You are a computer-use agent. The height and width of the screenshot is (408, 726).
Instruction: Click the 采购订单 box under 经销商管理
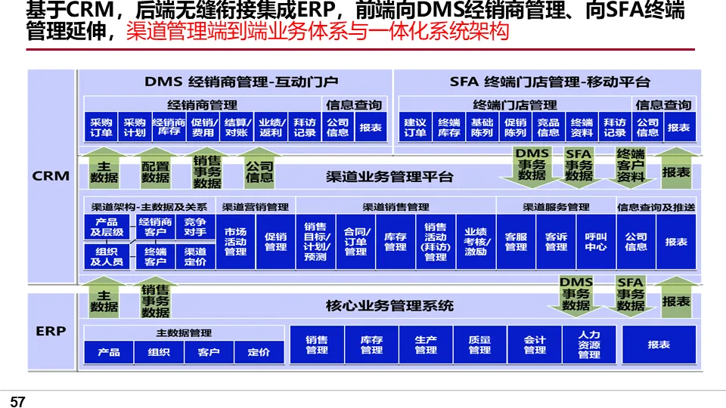(101, 128)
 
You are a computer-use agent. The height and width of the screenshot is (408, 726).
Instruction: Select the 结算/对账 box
(237, 128)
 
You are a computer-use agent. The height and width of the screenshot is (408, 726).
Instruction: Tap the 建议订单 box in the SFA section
(415, 128)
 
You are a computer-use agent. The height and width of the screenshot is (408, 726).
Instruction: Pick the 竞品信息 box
(548, 128)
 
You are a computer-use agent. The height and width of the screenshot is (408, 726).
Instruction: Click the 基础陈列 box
(482, 128)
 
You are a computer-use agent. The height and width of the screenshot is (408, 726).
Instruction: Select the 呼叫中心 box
(596, 242)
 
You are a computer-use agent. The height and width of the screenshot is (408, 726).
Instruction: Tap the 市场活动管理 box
(235, 242)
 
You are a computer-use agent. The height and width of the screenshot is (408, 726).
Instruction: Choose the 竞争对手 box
(195, 227)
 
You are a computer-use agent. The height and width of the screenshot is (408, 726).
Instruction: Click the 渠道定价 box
(195, 257)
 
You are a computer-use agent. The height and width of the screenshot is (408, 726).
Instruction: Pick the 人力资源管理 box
(589, 345)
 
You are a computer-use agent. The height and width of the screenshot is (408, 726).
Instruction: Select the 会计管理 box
(535, 345)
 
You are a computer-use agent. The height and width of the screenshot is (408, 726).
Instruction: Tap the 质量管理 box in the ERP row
(479, 345)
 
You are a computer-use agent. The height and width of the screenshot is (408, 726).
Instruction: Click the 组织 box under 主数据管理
(159, 352)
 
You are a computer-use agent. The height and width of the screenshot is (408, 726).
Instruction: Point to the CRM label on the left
(51, 176)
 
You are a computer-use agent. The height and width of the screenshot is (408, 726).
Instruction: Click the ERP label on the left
(51, 331)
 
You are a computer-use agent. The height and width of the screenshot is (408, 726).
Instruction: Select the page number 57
(18, 402)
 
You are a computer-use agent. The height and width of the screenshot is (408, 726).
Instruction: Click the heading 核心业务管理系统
(389, 306)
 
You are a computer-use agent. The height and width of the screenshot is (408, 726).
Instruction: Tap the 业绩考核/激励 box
(476, 242)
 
